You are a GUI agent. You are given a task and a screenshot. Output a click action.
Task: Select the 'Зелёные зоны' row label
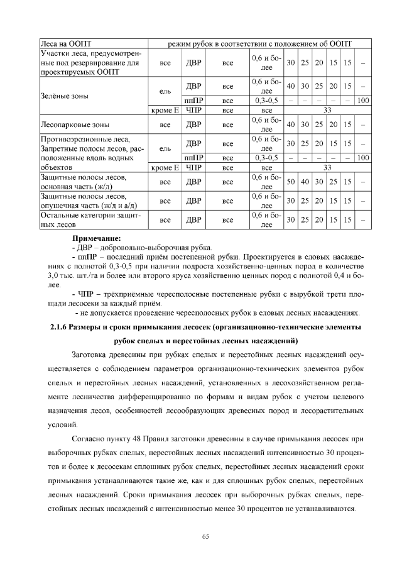pyautogui.click(x=63, y=96)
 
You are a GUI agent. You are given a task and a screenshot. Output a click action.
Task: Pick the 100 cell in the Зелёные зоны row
pyautogui.click(x=362, y=101)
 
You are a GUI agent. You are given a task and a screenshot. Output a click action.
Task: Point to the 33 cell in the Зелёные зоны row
pyautogui.click(x=327, y=110)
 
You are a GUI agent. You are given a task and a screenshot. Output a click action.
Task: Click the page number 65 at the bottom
pyautogui.click(x=205, y=535)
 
